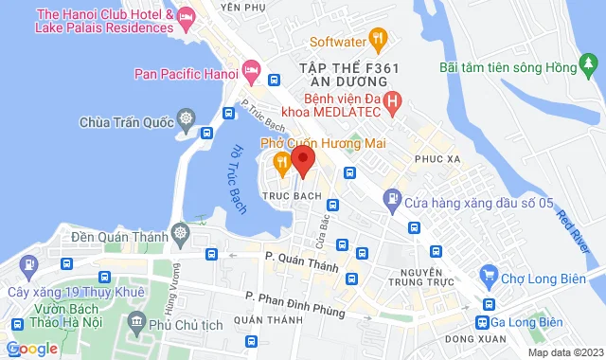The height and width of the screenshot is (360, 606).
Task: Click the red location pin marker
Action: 302,159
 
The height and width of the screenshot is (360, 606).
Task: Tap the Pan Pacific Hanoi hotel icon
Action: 251,70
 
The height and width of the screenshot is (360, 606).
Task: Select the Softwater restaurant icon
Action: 378,40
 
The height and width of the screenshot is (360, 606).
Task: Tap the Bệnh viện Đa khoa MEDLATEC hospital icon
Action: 395,99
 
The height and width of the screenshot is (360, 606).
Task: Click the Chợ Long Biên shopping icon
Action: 489,276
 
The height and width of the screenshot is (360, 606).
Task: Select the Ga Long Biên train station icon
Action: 489,305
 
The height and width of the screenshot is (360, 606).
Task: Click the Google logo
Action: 31,349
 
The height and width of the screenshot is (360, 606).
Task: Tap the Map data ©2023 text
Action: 565,352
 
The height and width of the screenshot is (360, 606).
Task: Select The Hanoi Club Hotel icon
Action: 186,17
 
